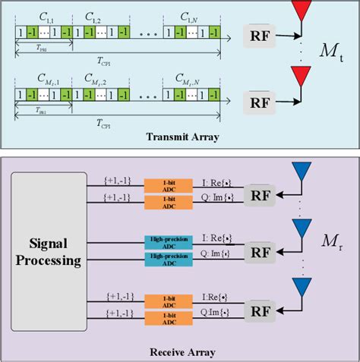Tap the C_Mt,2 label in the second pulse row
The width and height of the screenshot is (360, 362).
tap(99, 78)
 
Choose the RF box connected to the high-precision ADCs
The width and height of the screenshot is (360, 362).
tap(261, 252)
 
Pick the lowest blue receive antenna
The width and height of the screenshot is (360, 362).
tap(302, 286)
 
